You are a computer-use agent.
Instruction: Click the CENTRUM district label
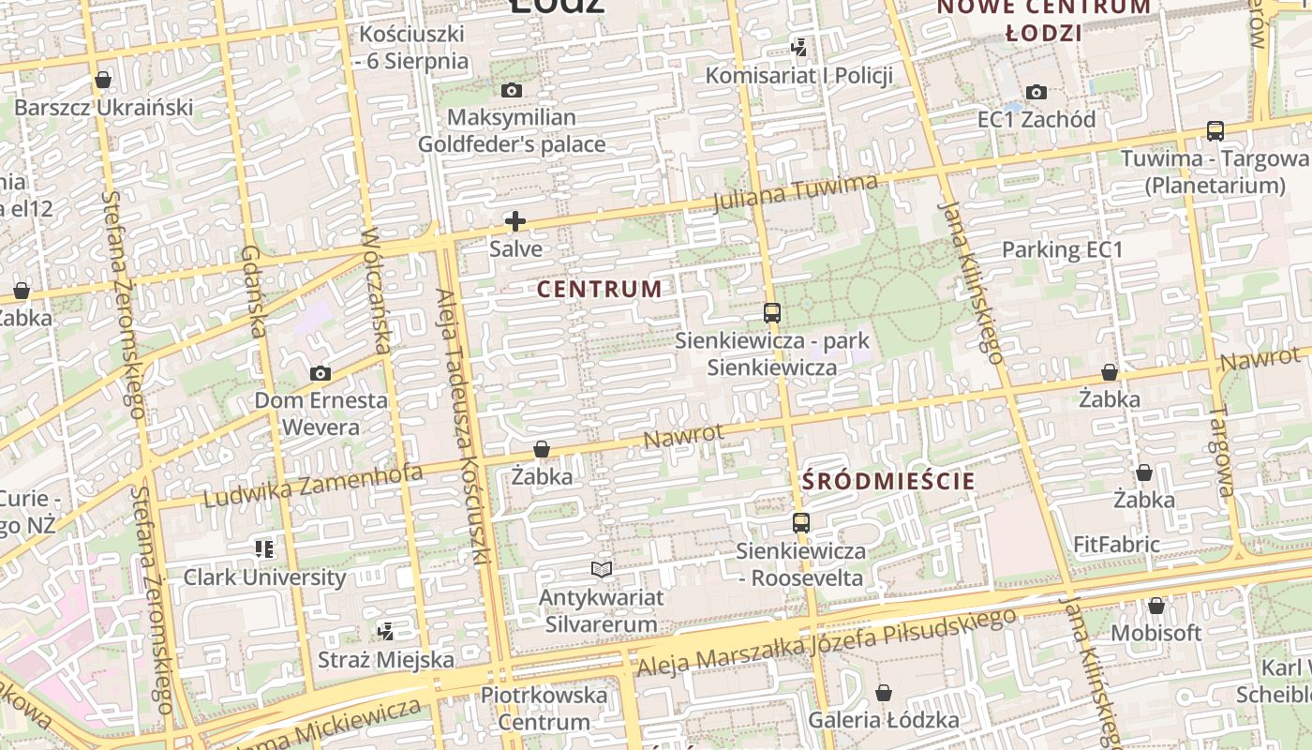coord(600,289)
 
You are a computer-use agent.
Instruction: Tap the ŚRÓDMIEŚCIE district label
coord(888,482)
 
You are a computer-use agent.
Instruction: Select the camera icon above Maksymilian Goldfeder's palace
coord(512,91)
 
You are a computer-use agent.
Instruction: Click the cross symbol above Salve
coord(515,221)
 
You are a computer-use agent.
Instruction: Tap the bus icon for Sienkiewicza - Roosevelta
coord(800,523)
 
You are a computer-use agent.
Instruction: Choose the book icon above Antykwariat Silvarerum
coord(602,569)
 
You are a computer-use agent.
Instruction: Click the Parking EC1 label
coord(1062,250)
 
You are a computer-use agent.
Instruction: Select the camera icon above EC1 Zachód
coord(1036,92)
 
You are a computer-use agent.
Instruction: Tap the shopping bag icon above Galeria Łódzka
coord(883,693)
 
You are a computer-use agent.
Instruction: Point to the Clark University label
coord(264,577)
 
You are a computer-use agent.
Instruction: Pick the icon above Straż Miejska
coord(385,631)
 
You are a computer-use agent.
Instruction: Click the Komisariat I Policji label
coord(798,75)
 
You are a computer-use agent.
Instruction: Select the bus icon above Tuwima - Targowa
coord(1215,131)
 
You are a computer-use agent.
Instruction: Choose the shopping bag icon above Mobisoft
coord(1156,607)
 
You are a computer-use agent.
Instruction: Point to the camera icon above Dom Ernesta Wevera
coord(321,373)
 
